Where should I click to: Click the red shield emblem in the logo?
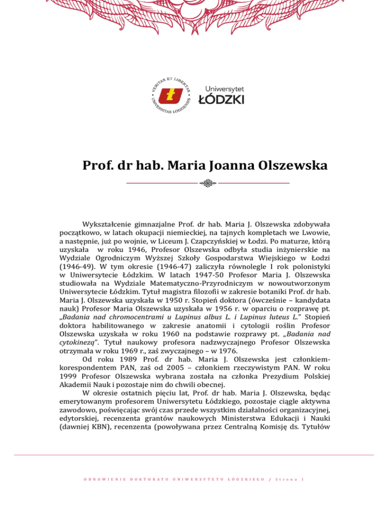(174, 95)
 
